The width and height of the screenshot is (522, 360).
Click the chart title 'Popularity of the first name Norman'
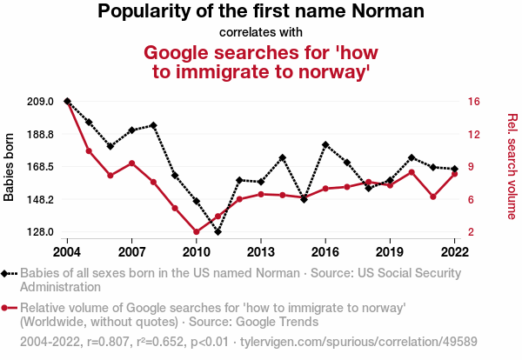[261, 12]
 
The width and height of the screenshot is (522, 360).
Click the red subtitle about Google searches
[261, 62]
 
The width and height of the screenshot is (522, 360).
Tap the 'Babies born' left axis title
[10, 168]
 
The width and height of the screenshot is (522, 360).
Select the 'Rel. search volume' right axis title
[512, 166]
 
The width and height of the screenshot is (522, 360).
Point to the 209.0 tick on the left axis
[41, 102]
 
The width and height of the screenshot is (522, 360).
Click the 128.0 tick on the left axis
[41, 232]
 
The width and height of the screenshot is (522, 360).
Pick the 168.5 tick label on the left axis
[41, 167]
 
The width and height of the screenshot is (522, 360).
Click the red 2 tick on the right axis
[471, 232]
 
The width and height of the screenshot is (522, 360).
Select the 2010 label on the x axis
[196, 252]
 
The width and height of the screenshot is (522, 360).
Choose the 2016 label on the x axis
[325, 252]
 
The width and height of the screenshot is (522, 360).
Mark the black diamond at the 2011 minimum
[217, 232]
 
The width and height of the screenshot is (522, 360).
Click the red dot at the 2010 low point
[196, 232]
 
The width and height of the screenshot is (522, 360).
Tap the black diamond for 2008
[153, 125]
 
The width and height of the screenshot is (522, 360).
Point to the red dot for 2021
[432, 197]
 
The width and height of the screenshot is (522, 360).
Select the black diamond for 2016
[325, 144]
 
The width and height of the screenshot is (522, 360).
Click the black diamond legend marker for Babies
[8, 273]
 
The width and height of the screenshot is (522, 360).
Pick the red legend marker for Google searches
[8, 308]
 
